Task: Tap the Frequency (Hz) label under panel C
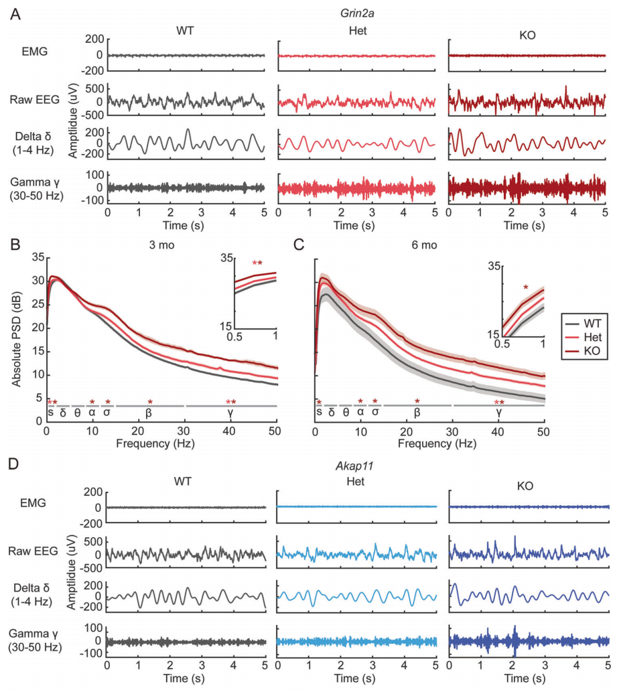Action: pyautogui.click(x=429, y=443)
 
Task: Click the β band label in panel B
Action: pyautogui.click(x=149, y=413)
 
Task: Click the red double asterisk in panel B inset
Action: pyautogui.click(x=257, y=263)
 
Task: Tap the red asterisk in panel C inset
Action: pyautogui.click(x=526, y=289)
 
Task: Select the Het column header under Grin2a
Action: pyautogui.click(x=356, y=32)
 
